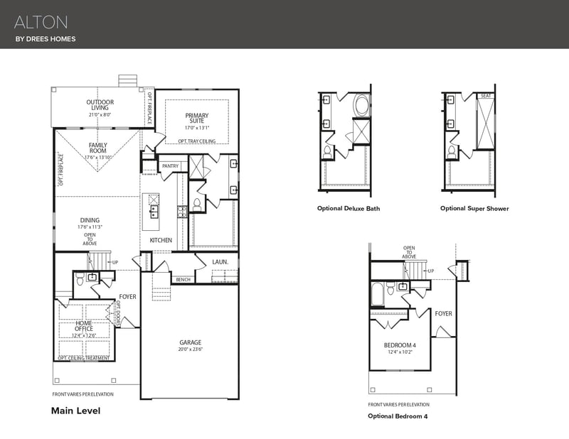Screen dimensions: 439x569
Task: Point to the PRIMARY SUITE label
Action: click(197, 119)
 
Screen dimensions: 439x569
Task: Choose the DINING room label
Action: click(90, 220)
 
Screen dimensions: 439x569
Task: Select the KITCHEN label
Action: click(161, 240)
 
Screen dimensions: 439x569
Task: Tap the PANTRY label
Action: click(170, 166)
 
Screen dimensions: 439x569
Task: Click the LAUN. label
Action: click(220, 261)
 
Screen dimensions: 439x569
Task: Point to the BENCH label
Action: click(183, 279)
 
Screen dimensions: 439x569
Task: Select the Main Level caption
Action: click(75, 411)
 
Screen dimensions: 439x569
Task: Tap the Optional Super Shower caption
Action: click(474, 209)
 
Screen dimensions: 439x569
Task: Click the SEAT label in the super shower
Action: click(486, 96)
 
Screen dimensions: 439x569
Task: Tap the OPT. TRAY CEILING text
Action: click(196, 141)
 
